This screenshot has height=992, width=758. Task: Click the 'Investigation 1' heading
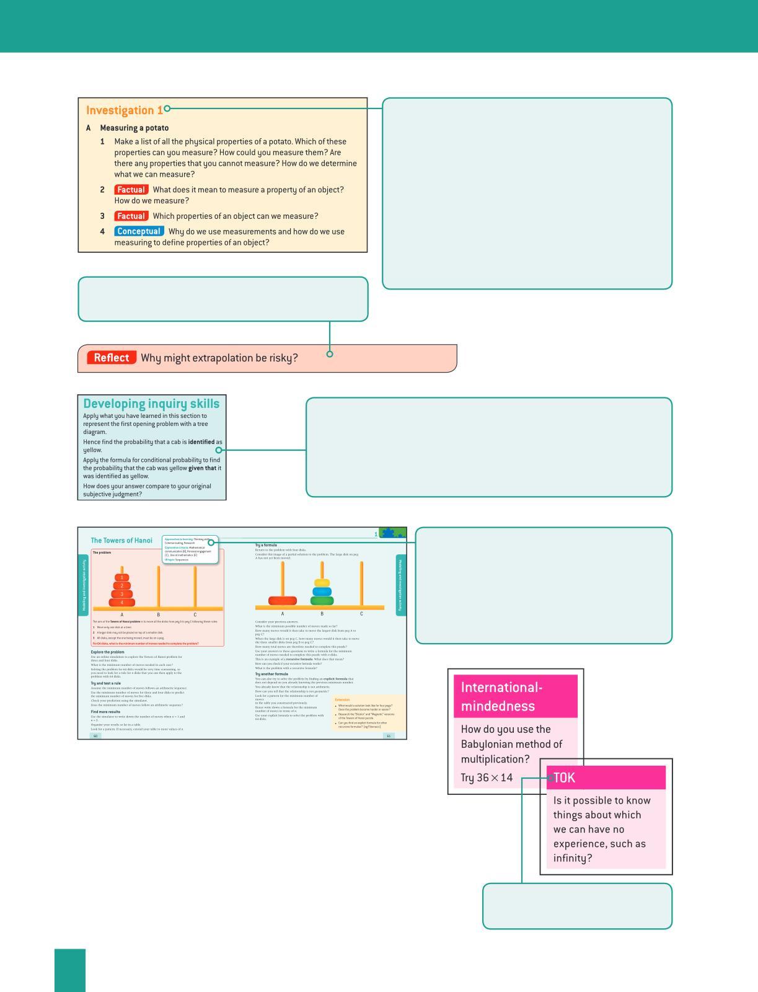click(124, 110)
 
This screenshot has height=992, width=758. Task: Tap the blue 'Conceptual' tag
click(139, 231)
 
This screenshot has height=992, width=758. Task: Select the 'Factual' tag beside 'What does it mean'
click(131, 190)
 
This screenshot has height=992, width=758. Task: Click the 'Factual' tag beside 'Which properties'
click(131, 216)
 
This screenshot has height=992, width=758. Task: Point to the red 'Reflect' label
click(112, 358)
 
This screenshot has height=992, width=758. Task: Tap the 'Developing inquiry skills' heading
click(151, 404)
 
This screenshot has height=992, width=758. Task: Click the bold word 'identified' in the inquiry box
click(201, 442)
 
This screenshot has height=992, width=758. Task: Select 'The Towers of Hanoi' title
click(121, 541)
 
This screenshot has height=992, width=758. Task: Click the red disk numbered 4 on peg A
click(122, 602)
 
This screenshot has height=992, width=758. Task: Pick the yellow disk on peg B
click(322, 583)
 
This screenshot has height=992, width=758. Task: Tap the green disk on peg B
click(322, 600)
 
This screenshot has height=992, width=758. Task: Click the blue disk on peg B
click(322, 591)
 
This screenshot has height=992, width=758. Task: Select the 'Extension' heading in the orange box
click(342, 699)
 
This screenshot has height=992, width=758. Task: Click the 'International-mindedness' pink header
click(516, 696)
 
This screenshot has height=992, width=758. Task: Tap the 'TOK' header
click(565, 777)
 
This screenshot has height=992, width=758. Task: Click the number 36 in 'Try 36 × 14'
click(483, 777)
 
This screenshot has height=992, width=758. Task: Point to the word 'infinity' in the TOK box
click(570, 858)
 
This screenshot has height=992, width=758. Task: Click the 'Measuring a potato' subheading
click(134, 128)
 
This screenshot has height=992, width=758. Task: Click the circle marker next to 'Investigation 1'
click(167, 108)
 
